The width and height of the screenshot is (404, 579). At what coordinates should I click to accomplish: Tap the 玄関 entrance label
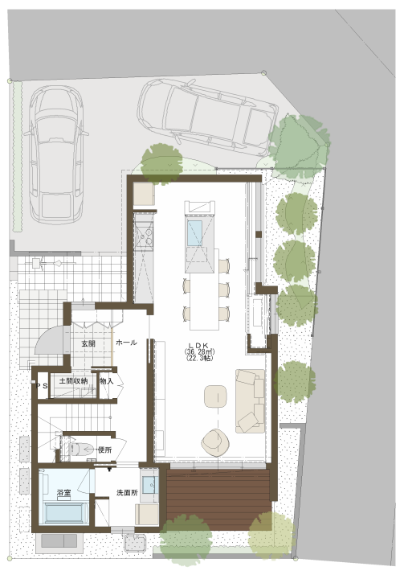coord(88,343)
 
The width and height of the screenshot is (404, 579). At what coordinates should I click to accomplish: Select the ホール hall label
coord(127,343)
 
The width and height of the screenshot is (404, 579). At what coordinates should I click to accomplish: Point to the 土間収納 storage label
coord(73,380)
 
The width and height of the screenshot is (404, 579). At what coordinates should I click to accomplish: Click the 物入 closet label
coord(107,381)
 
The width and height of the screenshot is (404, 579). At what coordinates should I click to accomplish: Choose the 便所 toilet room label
coord(104,450)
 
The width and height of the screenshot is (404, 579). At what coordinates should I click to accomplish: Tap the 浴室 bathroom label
coord(63,493)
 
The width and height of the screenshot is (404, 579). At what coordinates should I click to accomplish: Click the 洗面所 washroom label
coord(127,493)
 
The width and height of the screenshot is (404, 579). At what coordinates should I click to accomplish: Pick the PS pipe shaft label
coord(41,386)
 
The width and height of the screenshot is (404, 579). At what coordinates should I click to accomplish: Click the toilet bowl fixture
coord(82,450)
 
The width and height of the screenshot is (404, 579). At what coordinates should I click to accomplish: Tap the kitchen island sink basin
coord(195,232)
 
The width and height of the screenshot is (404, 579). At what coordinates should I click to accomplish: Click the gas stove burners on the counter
coord(144,236)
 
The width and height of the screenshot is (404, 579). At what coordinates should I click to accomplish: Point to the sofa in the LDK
coord(250,400)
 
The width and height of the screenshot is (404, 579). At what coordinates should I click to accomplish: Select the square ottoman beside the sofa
coord(215,396)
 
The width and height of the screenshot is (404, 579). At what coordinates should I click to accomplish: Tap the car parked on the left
coord(56,155)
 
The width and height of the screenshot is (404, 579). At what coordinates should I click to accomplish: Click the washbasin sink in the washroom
coord(150,485)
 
